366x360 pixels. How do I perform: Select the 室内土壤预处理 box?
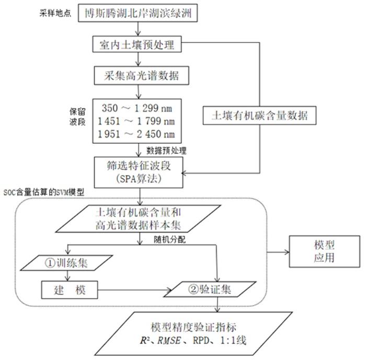[137, 45]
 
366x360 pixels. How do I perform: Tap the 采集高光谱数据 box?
[137, 76]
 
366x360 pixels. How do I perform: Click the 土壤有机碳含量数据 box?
[260, 116]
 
